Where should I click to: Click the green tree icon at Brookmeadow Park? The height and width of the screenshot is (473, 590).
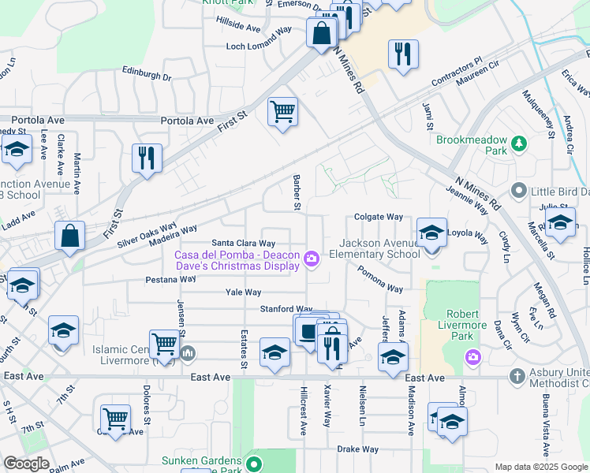pos(519,143)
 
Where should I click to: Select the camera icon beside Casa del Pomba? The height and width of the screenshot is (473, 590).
pos(312,259)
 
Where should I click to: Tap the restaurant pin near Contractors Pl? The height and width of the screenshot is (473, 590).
pos(403,55)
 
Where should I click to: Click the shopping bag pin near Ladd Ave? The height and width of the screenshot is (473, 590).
pos(70,236)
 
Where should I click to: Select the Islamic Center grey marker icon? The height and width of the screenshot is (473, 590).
pos(187,352)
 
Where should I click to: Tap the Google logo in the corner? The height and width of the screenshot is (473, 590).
pos(26,464)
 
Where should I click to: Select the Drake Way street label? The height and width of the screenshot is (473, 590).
pos(358,449)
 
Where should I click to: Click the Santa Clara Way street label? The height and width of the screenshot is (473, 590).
pos(243,244)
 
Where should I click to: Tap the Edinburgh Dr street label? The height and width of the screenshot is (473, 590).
pos(147,73)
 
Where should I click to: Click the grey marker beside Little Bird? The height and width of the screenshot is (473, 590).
pos(518,190)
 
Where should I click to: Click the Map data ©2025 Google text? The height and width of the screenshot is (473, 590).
pos(540,467)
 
